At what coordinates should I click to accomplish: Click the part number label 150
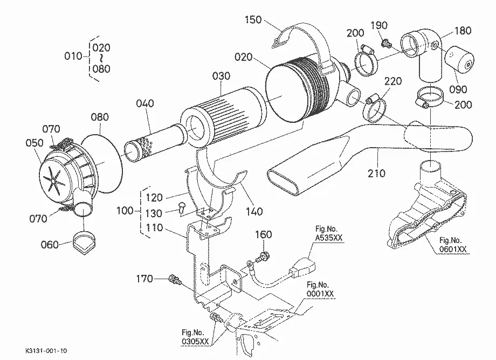[x=253, y=20]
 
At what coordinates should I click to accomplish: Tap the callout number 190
[x=379, y=25]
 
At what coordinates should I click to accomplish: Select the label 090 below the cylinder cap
[x=458, y=89]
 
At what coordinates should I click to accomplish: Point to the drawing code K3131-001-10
[x=46, y=351]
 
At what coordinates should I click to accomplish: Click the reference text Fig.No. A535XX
[x=329, y=233]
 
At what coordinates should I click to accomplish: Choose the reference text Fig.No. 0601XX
[x=453, y=245]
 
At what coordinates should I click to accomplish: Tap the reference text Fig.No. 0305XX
[x=195, y=337]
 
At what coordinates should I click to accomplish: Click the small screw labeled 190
[x=385, y=43]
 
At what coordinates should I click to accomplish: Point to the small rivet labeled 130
[x=182, y=207]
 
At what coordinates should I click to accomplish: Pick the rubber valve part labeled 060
[x=84, y=243]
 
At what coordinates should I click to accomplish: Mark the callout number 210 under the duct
[x=376, y=173]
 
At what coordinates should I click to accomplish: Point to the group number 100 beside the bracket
[x=125, y=211]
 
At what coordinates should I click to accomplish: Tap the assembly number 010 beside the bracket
[x=73, y=56]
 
